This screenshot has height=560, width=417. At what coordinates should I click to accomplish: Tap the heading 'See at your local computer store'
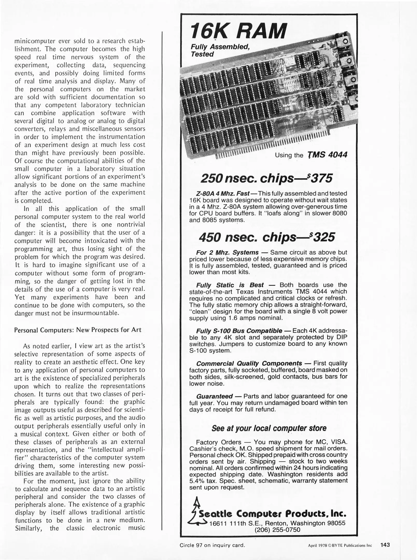tap(269, 428)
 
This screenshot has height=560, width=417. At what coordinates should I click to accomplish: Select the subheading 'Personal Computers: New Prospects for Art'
tap(78, 330)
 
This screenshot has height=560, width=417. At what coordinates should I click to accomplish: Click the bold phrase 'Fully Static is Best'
tap(230, 285)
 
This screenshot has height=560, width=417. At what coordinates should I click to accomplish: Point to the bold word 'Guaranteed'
tap(214, 396)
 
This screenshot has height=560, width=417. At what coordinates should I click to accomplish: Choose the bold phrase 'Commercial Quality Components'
tap(249, 363)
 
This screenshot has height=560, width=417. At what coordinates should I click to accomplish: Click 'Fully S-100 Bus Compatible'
tap(239, 331)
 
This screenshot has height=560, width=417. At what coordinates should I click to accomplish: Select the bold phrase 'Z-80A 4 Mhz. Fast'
tap(223, 194)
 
